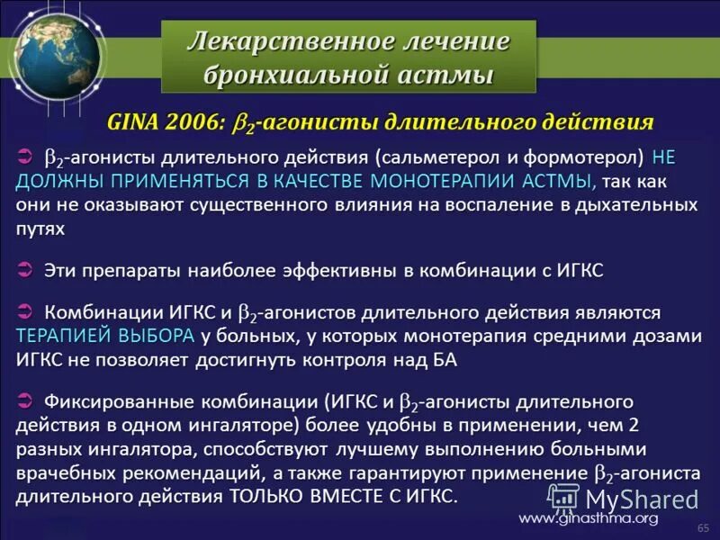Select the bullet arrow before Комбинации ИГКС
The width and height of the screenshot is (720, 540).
[x=26, y=311]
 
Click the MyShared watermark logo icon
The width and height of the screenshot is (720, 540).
[x=563, y=496]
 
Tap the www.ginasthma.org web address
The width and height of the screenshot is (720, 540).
[x=589, y=517]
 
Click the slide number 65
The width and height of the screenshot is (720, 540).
[x=703, y=526]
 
